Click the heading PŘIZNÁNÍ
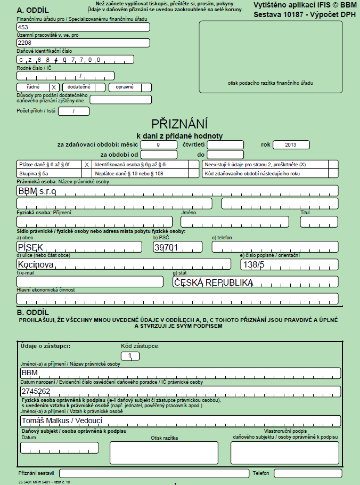coord(179,124)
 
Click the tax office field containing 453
coord(83,27)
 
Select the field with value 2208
coord(83,43)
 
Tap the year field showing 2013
coord(290,144)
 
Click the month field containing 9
coord(159,144)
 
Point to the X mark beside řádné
coord(53,87)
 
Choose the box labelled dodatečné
coord(84,87)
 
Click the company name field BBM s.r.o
coord(177,190)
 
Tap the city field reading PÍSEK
coord(79,247)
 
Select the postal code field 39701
coord(177,247)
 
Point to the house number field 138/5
coord(289,264)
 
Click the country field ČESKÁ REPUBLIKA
coord(255,282)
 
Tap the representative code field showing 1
coord(130,355)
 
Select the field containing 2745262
coord(180,391)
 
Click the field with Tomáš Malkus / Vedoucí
coord(180,421)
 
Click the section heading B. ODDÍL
coord(33,312)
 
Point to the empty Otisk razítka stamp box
coord(164,453)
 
